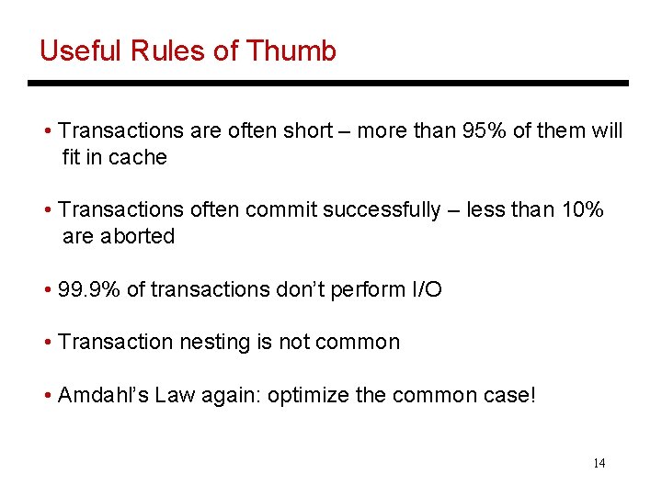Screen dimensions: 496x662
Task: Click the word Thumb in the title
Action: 296,51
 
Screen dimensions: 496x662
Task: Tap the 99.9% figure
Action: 89,290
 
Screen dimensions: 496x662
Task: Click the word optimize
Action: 311,396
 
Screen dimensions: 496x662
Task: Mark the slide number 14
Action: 599,463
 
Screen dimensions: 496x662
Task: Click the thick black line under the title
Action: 328,84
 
